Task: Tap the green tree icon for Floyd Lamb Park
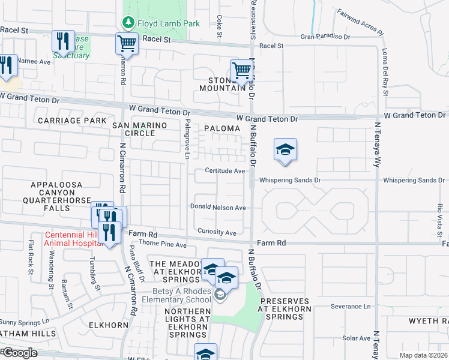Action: [127, 23]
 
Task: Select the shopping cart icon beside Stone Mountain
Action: [241, 70]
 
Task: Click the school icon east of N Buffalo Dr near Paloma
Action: [285, 151]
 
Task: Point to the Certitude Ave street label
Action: [225, 171]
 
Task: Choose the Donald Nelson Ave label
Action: [218, 207]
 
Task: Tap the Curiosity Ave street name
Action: [217, 232]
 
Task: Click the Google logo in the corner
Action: [19, 353]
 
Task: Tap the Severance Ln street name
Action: [350, 307]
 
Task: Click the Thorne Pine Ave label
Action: [163, 245]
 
